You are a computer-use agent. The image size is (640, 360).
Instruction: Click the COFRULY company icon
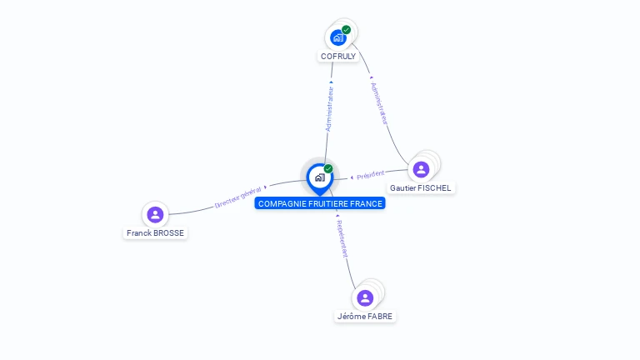337,37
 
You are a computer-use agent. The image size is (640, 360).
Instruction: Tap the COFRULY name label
338,57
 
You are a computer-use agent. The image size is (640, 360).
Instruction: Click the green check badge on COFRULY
347,30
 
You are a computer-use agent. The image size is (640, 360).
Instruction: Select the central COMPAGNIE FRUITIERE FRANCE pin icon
319,177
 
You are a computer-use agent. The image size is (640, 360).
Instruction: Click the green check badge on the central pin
328,169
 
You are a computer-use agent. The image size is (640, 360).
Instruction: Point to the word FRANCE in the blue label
366,203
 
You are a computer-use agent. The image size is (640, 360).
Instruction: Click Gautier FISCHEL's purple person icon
421,169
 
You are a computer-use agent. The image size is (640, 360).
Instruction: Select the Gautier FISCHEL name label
421,188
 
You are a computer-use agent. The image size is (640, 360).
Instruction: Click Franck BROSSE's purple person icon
155,214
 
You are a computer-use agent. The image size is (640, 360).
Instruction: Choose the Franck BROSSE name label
155,232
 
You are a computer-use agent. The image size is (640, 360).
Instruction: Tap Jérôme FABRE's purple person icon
365,297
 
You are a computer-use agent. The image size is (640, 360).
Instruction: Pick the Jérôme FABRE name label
365,317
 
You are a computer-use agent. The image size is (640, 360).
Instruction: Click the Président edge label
371,174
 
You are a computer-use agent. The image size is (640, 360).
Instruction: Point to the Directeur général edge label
238,197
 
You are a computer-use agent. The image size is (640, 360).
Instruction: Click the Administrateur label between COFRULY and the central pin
330,107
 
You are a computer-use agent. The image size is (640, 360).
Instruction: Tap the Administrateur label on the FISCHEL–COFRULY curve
379,102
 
